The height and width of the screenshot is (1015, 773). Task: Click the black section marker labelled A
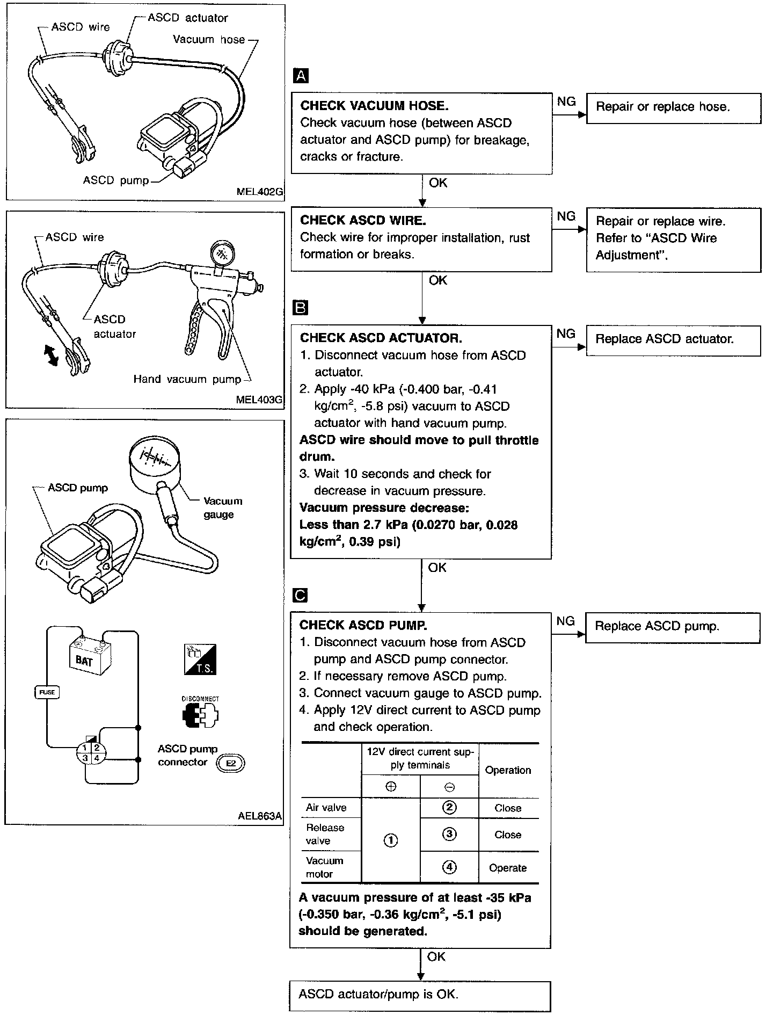click(301, 76)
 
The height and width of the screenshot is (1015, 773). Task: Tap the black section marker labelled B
click(301, 307)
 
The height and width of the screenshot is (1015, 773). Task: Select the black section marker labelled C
click(301, 595)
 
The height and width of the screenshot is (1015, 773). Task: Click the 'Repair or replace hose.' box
click(674, 108)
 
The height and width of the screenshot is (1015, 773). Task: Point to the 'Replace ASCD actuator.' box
click(674, 340)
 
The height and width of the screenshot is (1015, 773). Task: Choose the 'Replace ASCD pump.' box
click(673, 628)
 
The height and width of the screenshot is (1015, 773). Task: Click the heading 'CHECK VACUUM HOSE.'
click(374, 106)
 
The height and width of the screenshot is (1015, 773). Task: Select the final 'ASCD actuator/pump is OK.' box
click(420, 996)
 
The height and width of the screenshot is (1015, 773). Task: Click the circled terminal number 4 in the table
click(449, 867)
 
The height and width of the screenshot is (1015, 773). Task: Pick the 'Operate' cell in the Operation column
click(508, 868)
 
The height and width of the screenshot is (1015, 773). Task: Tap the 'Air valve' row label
click(326, 808)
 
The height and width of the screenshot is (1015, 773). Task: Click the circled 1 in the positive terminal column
click(391, 840)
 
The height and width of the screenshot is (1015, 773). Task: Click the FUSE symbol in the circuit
click(47, 692)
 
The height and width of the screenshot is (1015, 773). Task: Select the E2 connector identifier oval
click(230, 763)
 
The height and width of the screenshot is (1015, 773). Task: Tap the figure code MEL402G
click(260, 191)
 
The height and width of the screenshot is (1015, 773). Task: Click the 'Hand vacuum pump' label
click(187, 379)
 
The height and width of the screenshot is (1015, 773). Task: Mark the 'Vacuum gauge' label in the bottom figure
click(222, 508)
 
